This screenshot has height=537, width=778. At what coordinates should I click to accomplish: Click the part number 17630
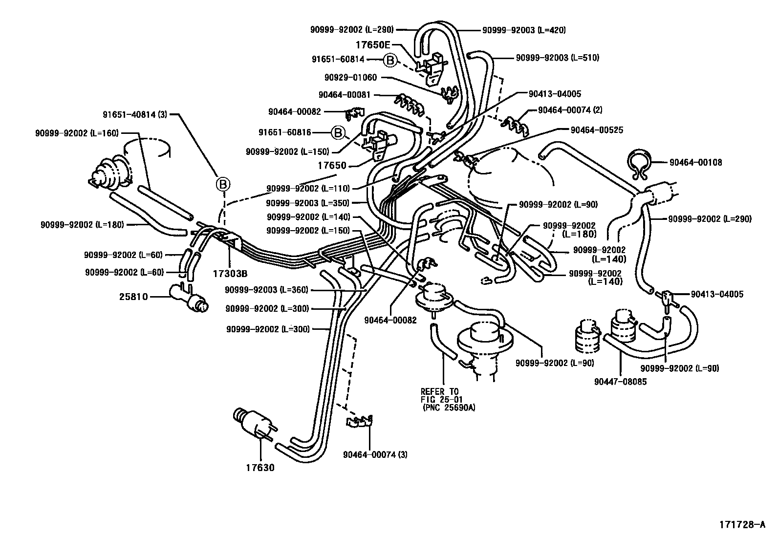point(260,468)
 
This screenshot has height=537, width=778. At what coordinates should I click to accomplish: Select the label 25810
point(133,296)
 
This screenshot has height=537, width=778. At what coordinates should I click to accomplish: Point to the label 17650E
point(372,44)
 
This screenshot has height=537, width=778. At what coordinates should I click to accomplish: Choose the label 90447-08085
point(621,382)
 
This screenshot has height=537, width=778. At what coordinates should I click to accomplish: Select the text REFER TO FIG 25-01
point(440,395)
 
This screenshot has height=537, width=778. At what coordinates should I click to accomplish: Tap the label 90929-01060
point(350,77)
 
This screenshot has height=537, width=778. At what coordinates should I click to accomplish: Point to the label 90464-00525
point(597,130)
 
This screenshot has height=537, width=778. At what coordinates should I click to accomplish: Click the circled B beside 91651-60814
point(389,60)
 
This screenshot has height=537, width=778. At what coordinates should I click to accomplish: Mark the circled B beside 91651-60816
point(337,132)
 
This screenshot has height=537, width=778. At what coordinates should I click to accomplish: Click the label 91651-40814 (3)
point(135,115)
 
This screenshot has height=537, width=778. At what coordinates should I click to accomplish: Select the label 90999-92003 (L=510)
point(557,58)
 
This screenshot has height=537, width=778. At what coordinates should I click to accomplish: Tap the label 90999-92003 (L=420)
point(524,30)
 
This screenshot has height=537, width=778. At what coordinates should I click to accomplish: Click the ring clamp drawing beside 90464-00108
point(638,165)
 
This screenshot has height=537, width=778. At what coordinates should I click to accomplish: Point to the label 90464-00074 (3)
point(375,454)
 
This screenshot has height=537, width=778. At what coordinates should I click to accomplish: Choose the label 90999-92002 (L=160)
point(77,133)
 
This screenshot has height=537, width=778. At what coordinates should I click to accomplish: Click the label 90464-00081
point(344,95)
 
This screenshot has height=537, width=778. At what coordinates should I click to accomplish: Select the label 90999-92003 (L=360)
point(266,290)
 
